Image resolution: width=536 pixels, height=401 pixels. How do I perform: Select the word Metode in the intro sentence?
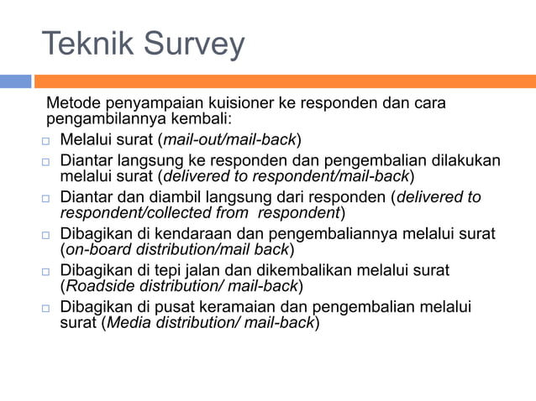(x=73, y=103)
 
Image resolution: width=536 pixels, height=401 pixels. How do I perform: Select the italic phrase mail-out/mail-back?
(x=229, y=138)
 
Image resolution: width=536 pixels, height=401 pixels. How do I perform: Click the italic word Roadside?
(x=96, y=286)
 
